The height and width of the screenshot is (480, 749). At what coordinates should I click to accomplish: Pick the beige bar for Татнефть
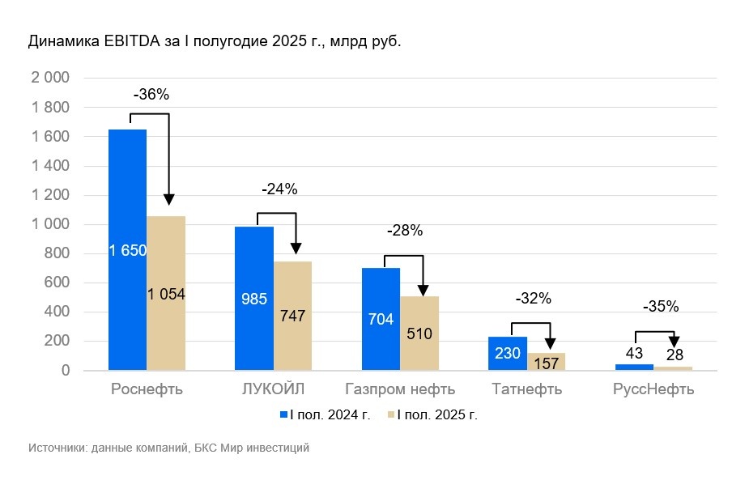click(x=547, y=362)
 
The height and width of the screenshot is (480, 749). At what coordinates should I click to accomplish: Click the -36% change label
click(x=151, y=95)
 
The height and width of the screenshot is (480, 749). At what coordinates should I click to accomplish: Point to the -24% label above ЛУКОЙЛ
click(x=279, y=190)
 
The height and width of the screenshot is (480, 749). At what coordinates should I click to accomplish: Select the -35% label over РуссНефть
click(x=661, y=307)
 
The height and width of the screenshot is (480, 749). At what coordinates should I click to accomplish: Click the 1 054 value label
click(x=166, y=295)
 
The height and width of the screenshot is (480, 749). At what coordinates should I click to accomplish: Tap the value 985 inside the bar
click(x=254, y=299)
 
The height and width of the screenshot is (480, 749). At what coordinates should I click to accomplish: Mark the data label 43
click(x=634, y=354)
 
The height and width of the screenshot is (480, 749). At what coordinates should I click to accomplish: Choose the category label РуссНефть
click(x=653, y=389)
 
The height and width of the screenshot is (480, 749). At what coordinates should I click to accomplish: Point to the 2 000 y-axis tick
click(x=50, y=79)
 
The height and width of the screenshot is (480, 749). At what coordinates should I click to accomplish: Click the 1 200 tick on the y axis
click(x=50, y=195)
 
